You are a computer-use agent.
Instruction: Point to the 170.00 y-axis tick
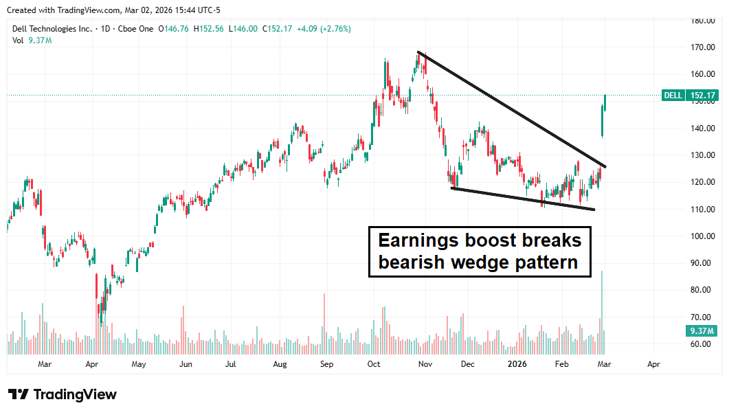[704, 47]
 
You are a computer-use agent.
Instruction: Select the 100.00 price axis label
[704, 236]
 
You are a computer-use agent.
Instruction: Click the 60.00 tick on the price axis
[704, 344]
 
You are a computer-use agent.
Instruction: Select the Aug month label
[280, 364]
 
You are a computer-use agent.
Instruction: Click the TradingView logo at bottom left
[63, 394]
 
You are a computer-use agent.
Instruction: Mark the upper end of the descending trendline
[418, 52]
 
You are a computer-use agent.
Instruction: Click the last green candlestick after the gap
[605, 102]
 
